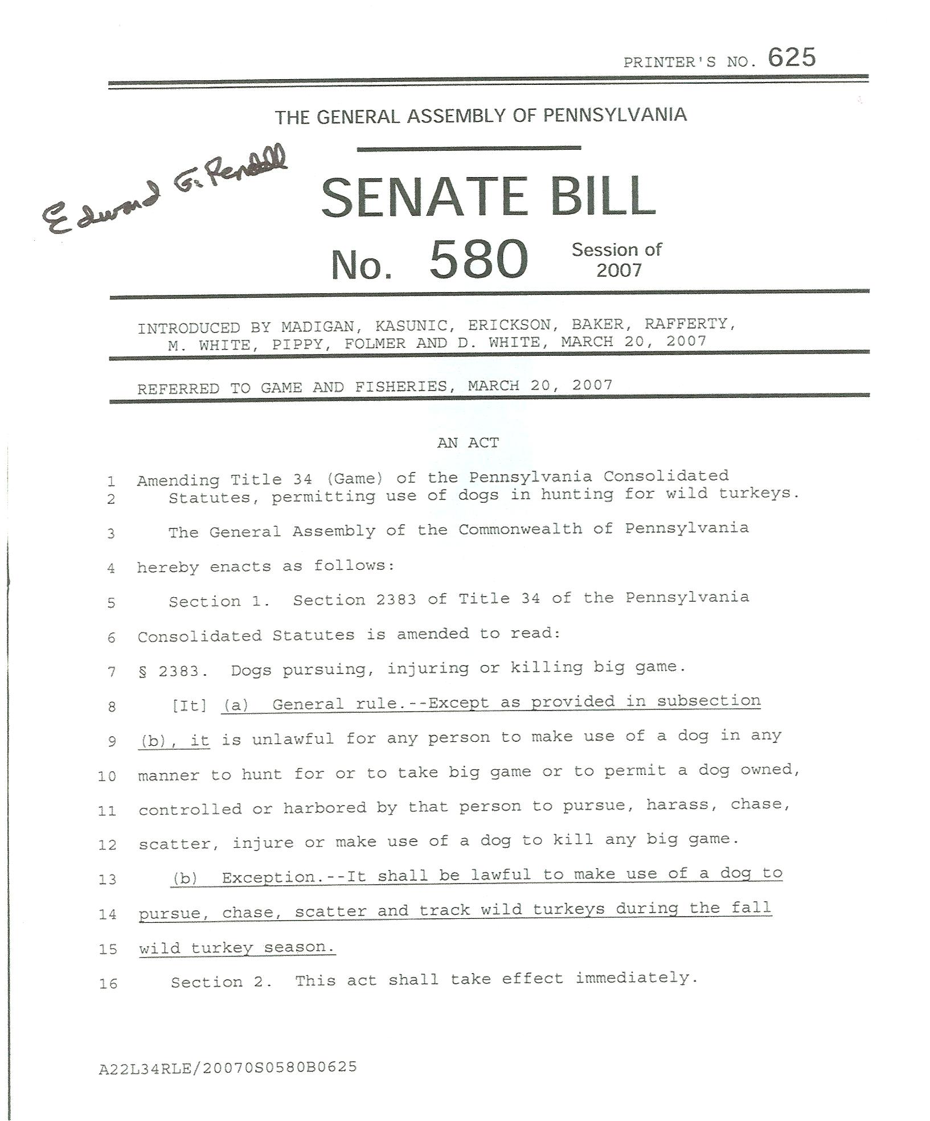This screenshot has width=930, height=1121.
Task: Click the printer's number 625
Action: tap(791, 58)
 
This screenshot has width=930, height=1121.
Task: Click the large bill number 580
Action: tap(478, 260)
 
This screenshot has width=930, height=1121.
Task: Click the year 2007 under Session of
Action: tap(618, 270)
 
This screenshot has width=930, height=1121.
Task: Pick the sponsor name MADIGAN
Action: tap(318, 327)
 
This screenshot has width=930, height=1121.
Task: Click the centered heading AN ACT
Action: tap(468, 443)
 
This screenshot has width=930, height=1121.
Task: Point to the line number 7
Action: tap(111, 672)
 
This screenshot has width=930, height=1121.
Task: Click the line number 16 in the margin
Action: tap(108, 983)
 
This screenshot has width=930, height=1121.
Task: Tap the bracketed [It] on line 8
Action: tap(189, 706)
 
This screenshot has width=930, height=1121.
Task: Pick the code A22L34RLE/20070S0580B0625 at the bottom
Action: tap(228, 1067)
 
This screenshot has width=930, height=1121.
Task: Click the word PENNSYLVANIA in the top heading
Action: tap(614, 115)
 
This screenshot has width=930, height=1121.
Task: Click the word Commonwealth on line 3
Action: tap(520, 529)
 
